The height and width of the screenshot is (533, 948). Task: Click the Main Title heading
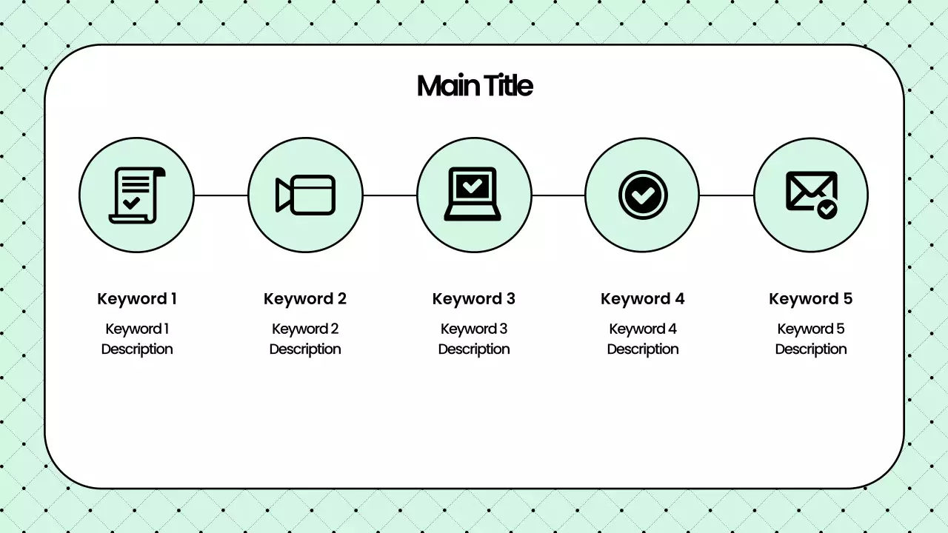click(x=475, y=86)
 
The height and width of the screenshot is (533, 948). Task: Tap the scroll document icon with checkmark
click(x=136, y=195)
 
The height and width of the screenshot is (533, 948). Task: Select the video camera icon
click(x=305, y=195)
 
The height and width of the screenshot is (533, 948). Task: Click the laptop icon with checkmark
click(x=473, y=195)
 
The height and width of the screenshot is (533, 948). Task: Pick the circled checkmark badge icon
click(x=642, y=195)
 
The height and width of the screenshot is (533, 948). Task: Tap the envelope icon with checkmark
click(x=811, y=195)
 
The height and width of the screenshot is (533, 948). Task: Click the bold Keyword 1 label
click(x=137, y=299)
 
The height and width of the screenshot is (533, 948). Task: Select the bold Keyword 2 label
click(x=305, y=299)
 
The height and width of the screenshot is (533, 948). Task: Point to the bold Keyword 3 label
click(x=474, y=299)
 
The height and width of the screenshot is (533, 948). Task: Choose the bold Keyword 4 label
click(x=643, y=299)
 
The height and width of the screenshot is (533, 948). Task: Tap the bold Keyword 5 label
click(x=811, y=299)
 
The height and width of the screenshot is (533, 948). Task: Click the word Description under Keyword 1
click(x=137, y=349)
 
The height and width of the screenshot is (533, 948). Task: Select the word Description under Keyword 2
click(x=305, y=349)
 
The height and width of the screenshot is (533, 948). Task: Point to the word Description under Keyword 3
click(x=474, y=349)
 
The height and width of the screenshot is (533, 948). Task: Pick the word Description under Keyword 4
click(x=643, y=349)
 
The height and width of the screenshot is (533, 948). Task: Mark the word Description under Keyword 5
click(x=811, y=349)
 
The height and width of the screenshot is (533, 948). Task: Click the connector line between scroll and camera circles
click(x=221, y=195)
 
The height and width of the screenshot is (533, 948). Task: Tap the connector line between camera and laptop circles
click(x=390, y=195)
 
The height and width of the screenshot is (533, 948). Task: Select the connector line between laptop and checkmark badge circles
click(x=558, y=195)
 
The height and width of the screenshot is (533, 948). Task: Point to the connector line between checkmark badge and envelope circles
click(x=727, y=195)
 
